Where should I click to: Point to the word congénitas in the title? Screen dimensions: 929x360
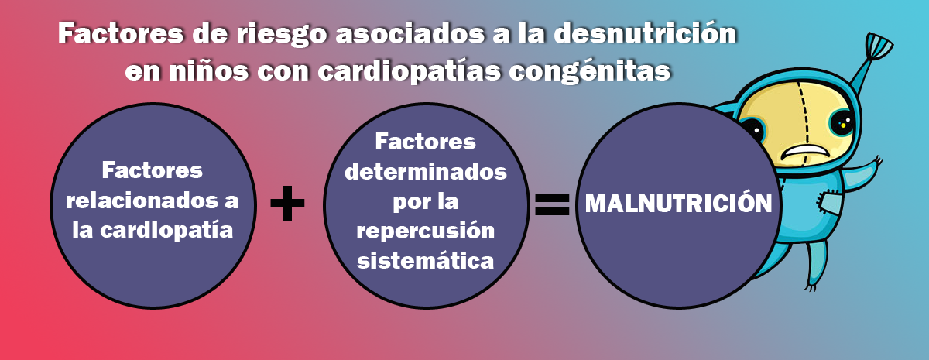(590, 70)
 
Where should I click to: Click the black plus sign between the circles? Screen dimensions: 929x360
(287, 203)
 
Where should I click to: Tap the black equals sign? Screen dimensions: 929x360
(552, 204)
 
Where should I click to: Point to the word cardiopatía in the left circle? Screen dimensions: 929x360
(166, 231)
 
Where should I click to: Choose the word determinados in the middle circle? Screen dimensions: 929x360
(426, 171)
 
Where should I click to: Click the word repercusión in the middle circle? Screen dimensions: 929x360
(426, 231)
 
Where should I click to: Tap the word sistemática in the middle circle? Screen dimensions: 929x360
(426, 260)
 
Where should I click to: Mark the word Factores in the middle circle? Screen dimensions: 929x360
(426, 142)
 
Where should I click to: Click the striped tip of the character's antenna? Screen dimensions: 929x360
(879, 46)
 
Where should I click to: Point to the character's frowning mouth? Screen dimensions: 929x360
(804, 153)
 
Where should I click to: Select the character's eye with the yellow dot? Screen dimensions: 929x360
(843, 123)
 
